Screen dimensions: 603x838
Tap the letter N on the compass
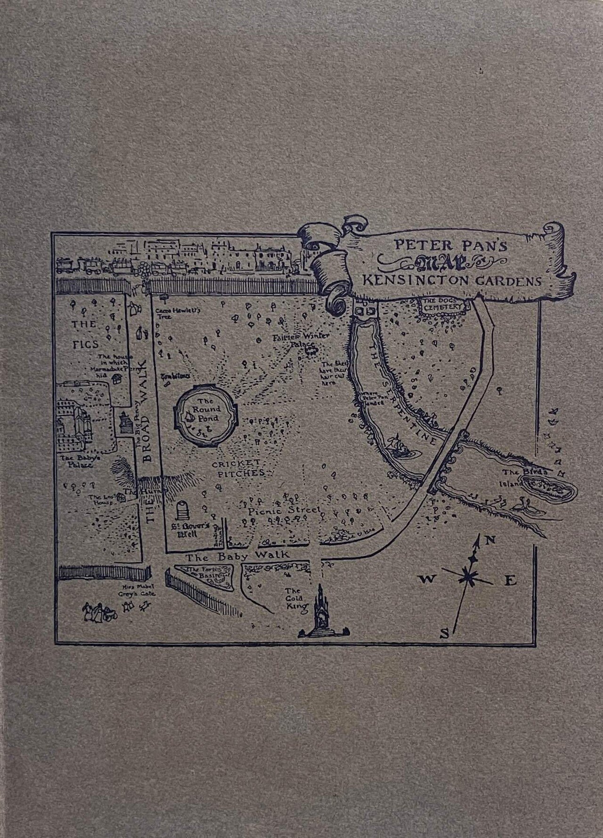pyautogui.click(x=489, y=540)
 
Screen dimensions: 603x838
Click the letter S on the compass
pyautogui.click(x=444, y=635)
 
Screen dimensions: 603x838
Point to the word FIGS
pyautogui.click(x=83, y=344)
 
